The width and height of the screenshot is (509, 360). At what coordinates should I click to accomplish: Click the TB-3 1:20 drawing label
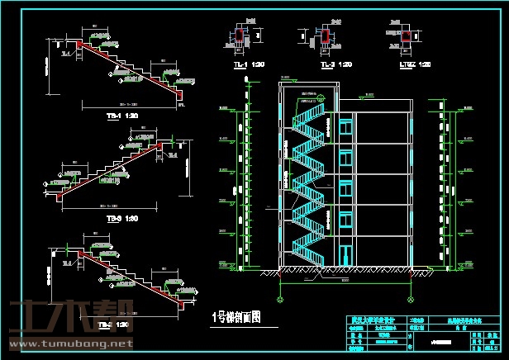click(121, 219)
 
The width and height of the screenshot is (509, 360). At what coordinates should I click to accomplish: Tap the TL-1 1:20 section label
click(240, 64)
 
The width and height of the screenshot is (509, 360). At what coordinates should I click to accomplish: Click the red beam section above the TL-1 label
click(240, 35)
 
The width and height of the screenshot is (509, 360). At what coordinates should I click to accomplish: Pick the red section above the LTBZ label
click(404, 34)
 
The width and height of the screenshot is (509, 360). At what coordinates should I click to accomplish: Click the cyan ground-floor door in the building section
click(341, 254)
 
